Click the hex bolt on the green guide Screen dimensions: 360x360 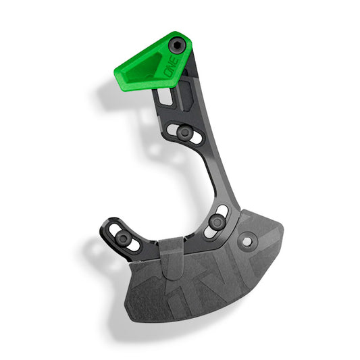coord(178,46)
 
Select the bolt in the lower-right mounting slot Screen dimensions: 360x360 coord(216,222)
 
